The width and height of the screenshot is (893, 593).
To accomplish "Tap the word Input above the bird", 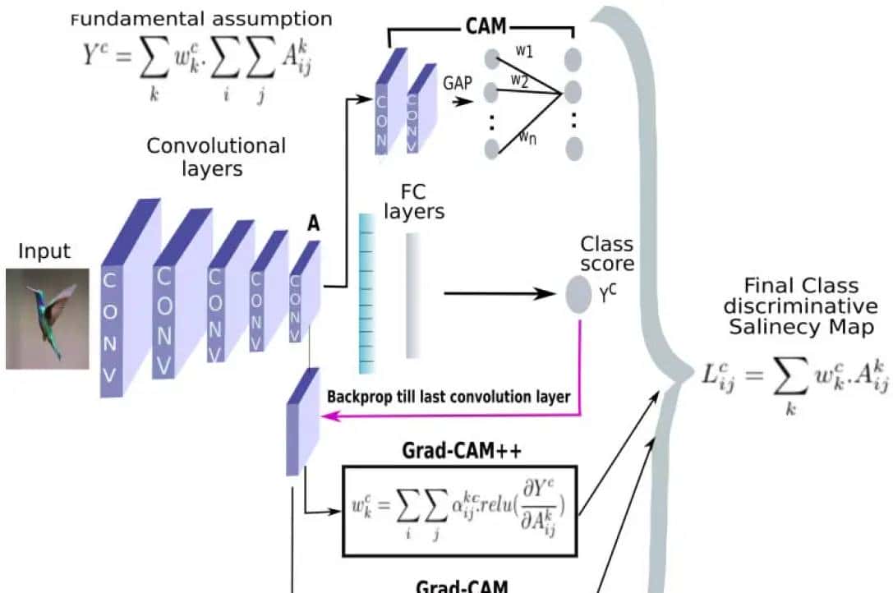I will point(44,251).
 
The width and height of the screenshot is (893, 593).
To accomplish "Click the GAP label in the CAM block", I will point(457,83).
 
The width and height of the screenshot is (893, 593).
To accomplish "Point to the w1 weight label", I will point(524,51).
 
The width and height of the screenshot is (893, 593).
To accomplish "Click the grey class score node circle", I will point(579,294).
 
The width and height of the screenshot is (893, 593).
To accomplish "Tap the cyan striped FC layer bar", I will point(367,292).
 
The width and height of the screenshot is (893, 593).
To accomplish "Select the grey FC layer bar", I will point(412,295).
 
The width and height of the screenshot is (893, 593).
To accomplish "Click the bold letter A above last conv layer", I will point(313,223).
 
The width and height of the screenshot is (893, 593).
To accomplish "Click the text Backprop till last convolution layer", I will point(448,396).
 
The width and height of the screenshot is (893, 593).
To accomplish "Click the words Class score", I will point(606,253).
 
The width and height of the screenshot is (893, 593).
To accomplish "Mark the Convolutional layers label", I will point(216,157).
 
